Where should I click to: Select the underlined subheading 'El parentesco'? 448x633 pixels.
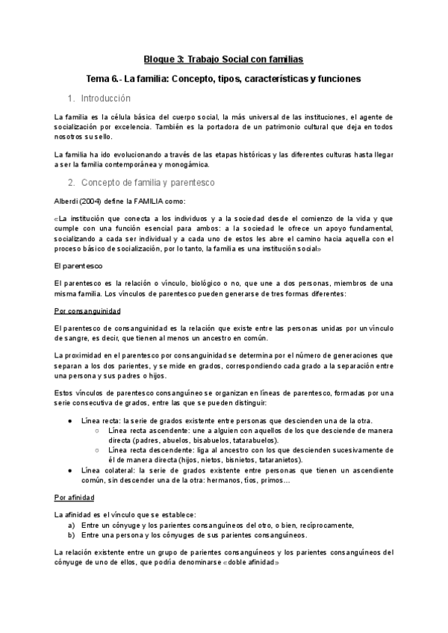click(78, 265)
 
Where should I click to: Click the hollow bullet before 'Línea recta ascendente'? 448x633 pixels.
click(98, 431)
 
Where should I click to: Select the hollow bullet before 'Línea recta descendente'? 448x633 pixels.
click(98, 450)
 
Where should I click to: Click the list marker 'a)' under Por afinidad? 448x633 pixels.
click(72, 525)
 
